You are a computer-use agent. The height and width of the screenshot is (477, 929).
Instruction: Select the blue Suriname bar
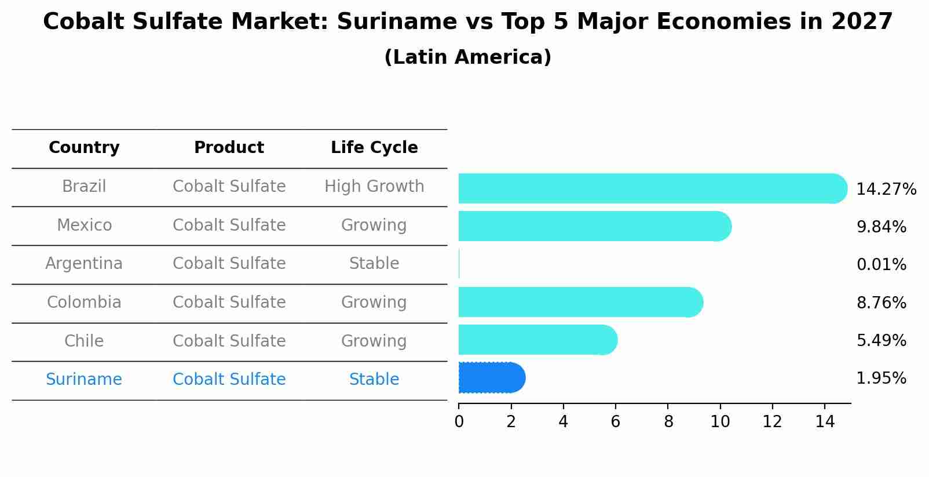491,378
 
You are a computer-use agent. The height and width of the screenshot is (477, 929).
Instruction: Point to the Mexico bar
594,226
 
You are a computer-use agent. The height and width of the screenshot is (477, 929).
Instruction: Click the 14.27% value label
886,190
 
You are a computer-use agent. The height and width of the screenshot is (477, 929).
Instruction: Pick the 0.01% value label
881,265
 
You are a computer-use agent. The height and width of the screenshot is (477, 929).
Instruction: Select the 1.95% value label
881,378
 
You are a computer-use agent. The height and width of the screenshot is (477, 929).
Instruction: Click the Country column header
84,148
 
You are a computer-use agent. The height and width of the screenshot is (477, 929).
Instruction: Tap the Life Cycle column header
374,148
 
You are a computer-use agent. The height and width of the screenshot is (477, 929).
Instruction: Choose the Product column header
229,148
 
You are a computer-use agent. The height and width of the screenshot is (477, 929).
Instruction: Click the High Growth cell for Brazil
374,187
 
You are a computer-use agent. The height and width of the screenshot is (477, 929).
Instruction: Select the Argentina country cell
84,264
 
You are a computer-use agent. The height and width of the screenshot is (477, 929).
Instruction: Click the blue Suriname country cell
84,380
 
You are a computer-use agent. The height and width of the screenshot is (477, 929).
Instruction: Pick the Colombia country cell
84,303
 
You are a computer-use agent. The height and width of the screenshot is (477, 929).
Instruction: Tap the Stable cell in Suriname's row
374,380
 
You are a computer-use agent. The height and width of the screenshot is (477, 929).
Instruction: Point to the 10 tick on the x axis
720,422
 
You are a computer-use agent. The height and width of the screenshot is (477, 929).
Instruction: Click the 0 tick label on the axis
459,422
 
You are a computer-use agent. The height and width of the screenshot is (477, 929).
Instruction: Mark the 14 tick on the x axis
825,422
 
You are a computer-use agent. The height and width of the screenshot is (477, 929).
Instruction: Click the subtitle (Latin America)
467,57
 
